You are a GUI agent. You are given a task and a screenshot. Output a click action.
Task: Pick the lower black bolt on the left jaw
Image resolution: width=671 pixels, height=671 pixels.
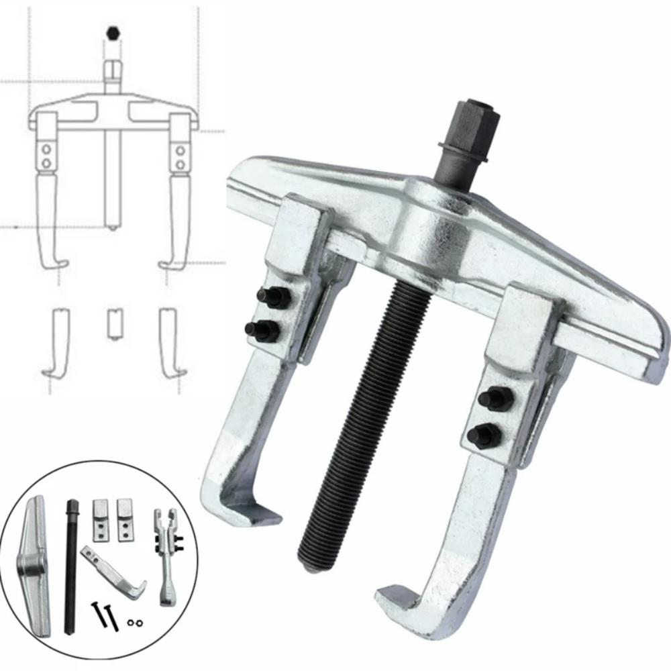click(262, 329)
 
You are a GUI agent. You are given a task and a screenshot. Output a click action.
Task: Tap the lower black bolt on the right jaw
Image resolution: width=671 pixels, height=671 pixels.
click(484, 436)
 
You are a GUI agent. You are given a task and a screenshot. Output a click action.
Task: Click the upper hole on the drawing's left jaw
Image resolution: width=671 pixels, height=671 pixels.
click(46, 148)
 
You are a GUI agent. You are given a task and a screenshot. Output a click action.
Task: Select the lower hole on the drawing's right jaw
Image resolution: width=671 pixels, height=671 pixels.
click(180, 163)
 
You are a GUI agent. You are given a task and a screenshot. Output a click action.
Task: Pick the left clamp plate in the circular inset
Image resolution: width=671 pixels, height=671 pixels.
click(100, 519)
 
